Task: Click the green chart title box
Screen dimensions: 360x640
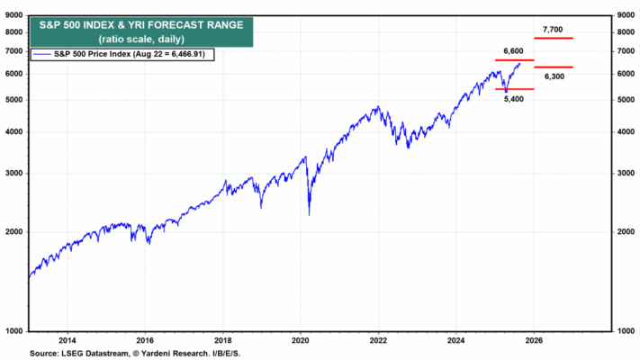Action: [x=139, y=32]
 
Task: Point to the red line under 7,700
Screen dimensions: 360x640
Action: [x=553, y=39]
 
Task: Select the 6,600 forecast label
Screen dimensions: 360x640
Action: [x=514, y=51]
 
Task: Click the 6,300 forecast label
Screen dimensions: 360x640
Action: [x=553, y=76]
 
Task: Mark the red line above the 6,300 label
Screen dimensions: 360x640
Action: [x=553, y=67]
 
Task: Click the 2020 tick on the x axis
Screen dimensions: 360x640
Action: [x=301, y=340]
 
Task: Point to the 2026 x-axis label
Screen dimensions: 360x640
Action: [x=533, y=340]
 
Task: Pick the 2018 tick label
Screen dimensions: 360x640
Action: [x=223, y=340]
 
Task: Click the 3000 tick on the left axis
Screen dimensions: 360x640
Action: [x=15, y=174]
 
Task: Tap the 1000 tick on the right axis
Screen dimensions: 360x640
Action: [x=623, y=331]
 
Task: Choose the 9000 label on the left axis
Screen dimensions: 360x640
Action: [x=15, y=15]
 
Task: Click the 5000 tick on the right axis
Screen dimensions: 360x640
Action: [x=623, y=100]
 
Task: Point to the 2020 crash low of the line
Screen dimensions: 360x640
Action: [x=309, y=214]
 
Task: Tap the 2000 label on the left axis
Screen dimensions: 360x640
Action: [x=15, y=232]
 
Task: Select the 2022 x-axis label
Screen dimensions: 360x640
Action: [x=378, y=340]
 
